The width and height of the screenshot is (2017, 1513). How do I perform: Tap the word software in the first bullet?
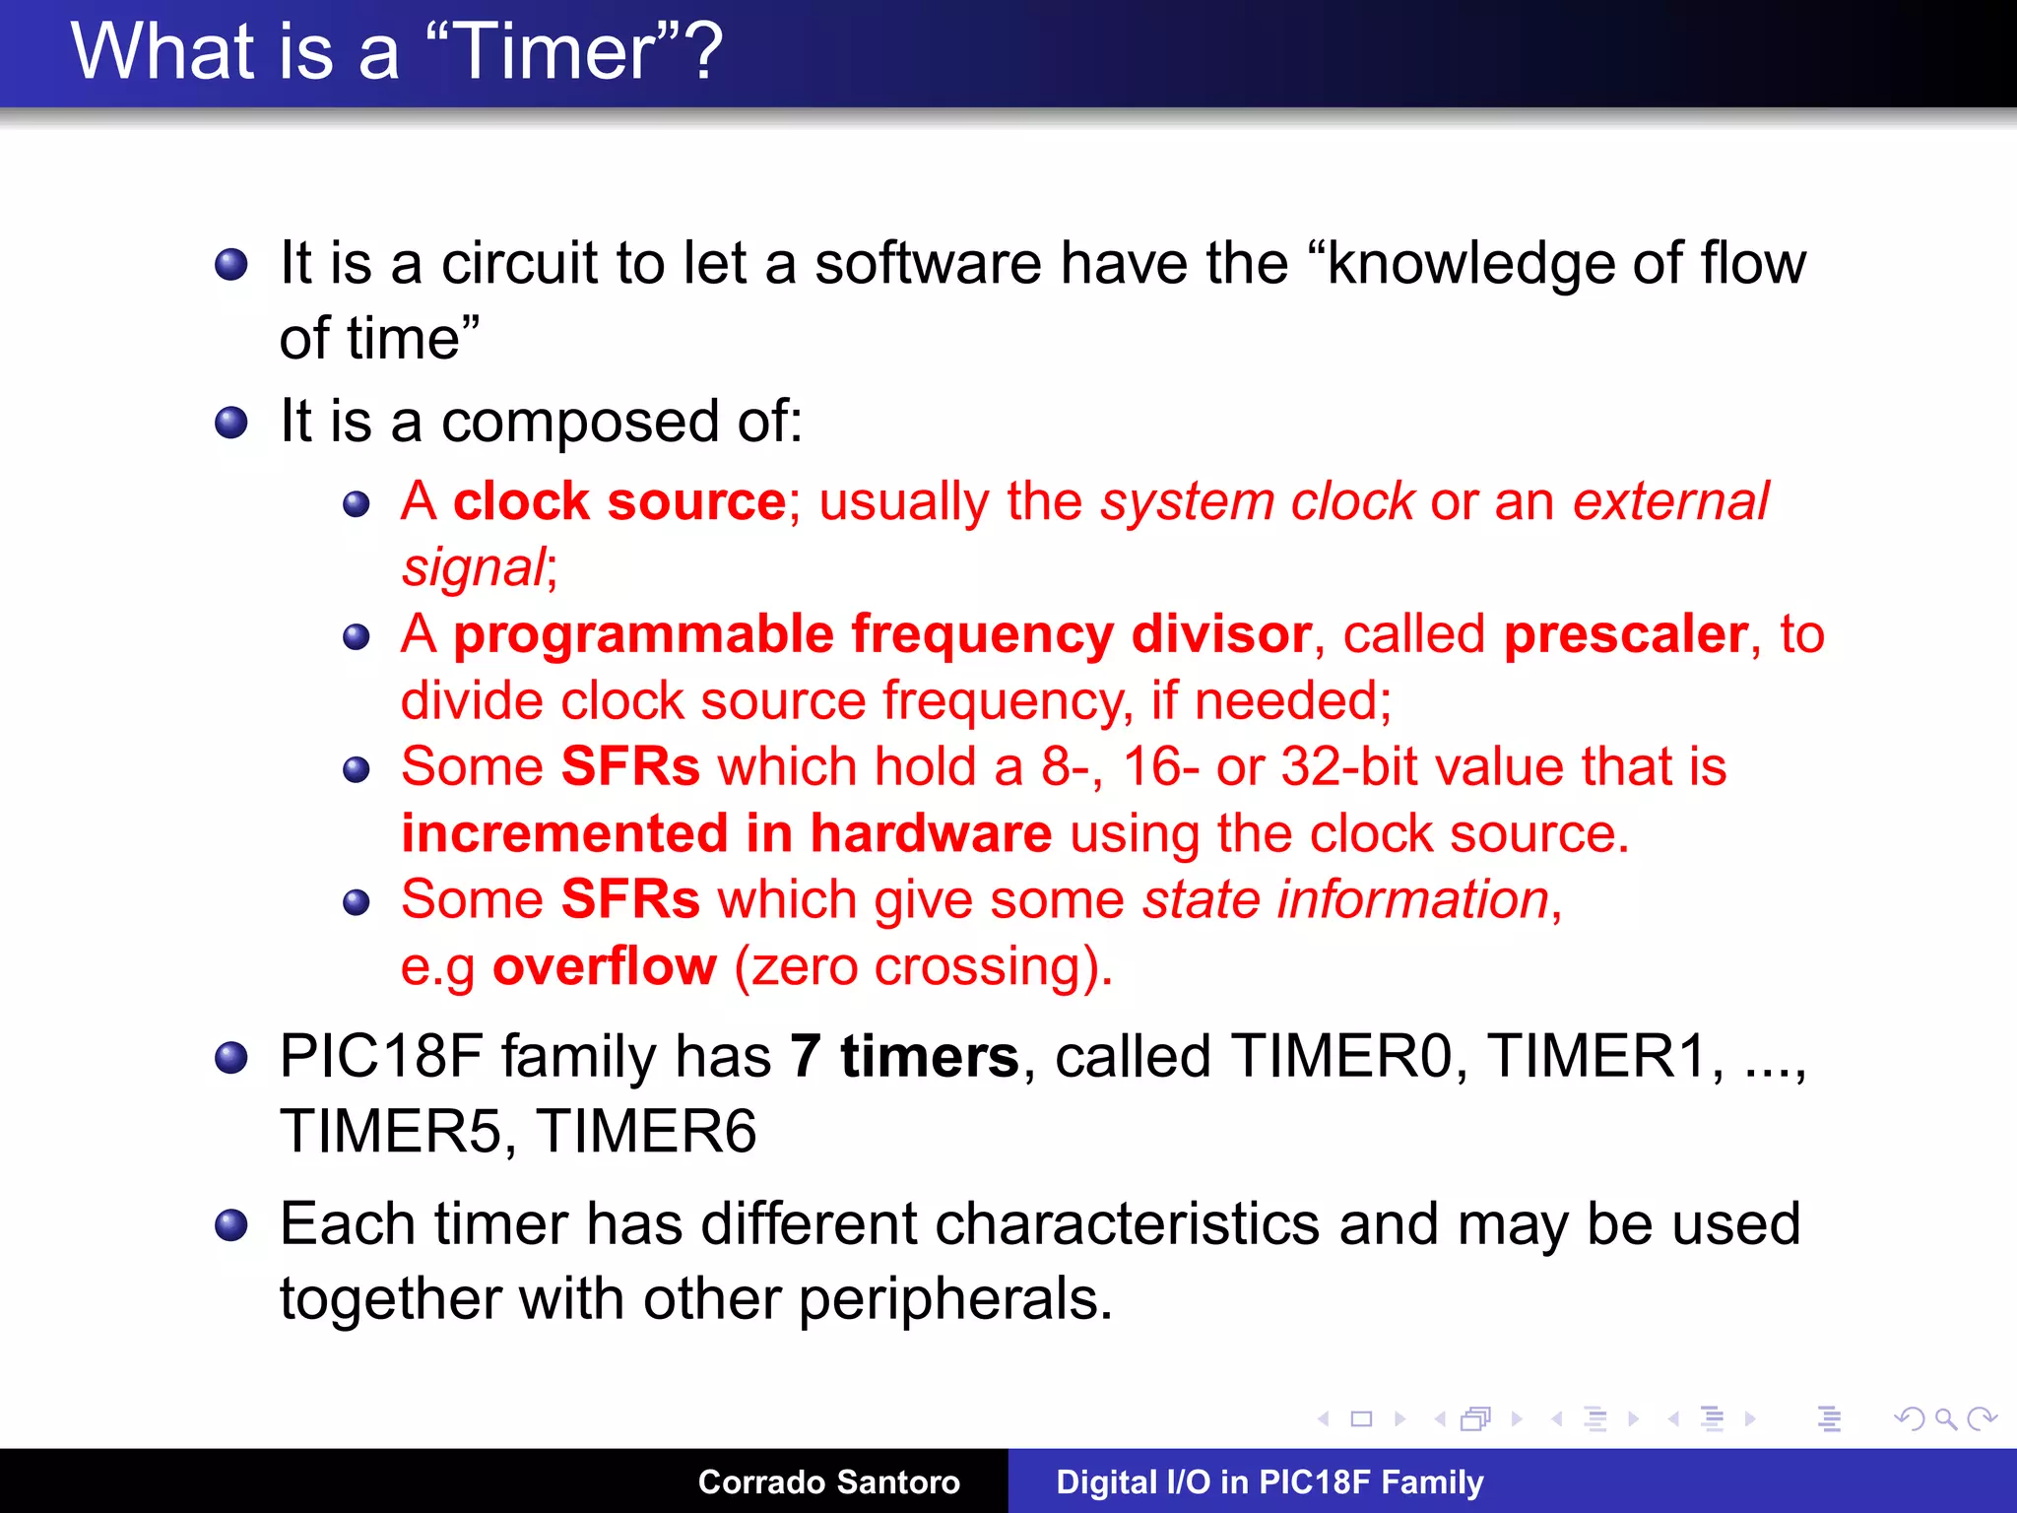point(927,264)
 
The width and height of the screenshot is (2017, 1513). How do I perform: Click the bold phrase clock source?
point(618,501)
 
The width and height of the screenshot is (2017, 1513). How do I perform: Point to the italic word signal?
point(474,568)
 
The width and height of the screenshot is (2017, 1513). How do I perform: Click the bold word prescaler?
point(1626,633)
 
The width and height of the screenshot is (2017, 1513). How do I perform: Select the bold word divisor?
point(1220,633)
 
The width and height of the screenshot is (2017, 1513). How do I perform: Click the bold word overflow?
point(605,966)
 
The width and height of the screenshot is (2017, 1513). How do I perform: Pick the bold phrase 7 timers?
point(903,1057)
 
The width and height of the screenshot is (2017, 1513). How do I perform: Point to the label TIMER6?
point(647,1131)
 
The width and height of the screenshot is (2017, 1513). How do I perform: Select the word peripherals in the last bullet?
point(954,1299)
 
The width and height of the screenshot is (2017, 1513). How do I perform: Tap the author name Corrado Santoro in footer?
point(828,1481)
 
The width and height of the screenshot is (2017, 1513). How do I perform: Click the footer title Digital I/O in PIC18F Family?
point(1269,1481)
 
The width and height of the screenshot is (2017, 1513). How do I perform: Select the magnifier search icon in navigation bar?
point(1944,1418)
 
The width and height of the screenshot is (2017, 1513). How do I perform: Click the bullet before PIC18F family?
point(231,1058)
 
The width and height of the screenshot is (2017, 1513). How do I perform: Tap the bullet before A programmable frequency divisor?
point(356,637)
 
